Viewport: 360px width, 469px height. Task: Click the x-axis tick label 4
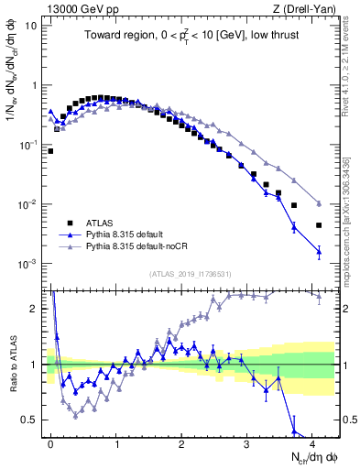[312, 441]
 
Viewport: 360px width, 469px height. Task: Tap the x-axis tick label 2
[181, 441]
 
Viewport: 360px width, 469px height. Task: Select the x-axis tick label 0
[50, 441]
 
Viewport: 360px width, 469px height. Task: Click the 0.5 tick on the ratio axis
[32, 420]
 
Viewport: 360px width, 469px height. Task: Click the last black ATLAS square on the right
[319, 225]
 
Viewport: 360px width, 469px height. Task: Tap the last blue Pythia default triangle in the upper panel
[319, 251]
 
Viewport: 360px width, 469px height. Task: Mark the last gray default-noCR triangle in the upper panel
[319, 203]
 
